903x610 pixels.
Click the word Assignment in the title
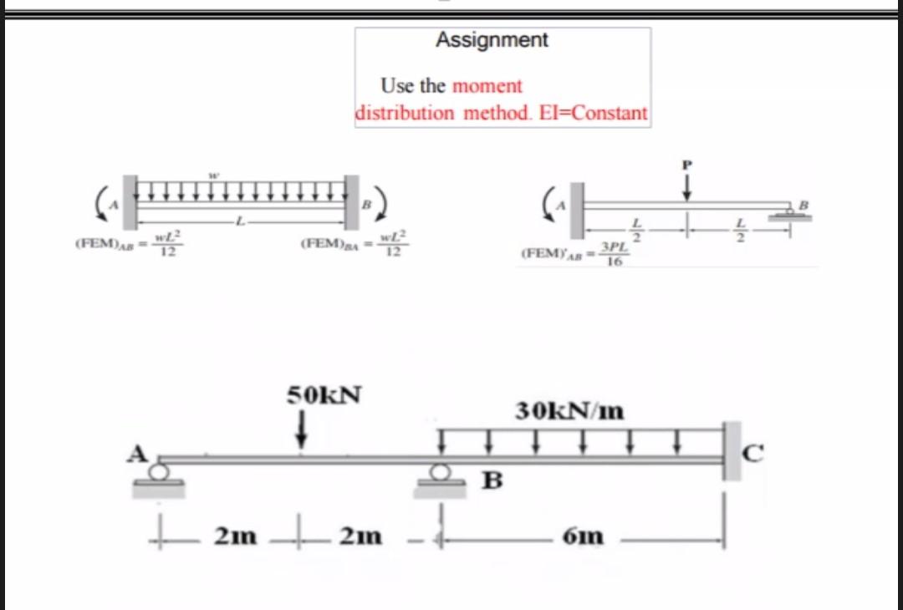tap(492, 40)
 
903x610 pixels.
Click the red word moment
tap(487, 86)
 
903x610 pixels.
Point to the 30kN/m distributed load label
tap(569, 411)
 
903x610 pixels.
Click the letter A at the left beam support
tap(137, 453)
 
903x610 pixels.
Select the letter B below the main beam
tap(493, 481)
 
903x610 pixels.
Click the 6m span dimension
tap(584, 536)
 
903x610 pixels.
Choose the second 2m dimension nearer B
tap(360, 536)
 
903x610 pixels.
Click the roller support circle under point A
tap(159, 472)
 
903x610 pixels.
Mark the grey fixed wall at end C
tap(732, 451)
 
